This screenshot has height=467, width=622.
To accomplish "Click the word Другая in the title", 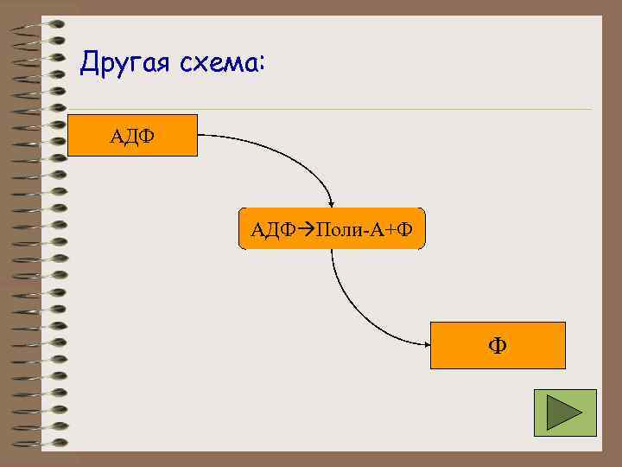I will click(121, 64).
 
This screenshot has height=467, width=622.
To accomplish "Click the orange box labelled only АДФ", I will click(132, 135).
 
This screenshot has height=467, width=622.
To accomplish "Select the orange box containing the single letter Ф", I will click(498, 346).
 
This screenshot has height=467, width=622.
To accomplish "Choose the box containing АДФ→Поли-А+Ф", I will click(332, 229).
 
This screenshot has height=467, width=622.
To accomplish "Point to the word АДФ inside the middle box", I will click(269, 229).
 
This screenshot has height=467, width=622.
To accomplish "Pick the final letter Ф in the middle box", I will click(406, 229).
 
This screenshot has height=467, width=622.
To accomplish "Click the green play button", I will click(565, 413).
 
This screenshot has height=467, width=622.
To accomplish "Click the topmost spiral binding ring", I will click(39, 23).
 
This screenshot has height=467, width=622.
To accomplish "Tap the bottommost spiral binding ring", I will click(39, 444).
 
